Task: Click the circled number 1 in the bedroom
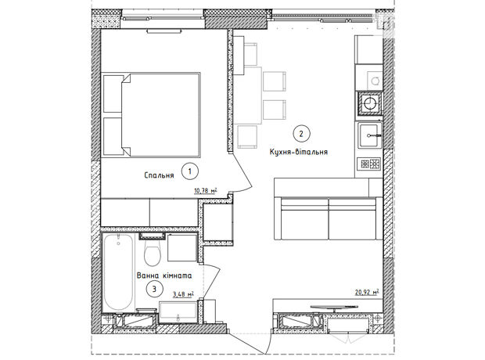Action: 189,171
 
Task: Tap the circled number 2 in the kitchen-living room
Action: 301,134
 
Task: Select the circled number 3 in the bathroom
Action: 154,289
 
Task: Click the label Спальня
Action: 159,175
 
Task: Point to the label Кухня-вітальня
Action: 299,152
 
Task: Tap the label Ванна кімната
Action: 164,275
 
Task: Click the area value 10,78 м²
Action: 206,190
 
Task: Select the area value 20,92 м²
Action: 367,292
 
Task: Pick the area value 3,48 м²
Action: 183,293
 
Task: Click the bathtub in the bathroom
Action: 118,272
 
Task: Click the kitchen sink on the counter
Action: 370,135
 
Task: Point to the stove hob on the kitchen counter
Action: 370,164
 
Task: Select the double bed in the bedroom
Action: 152,115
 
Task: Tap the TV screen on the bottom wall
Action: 335,307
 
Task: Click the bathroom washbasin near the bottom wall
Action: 178,313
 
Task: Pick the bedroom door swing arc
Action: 242,173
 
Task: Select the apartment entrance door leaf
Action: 248,344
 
